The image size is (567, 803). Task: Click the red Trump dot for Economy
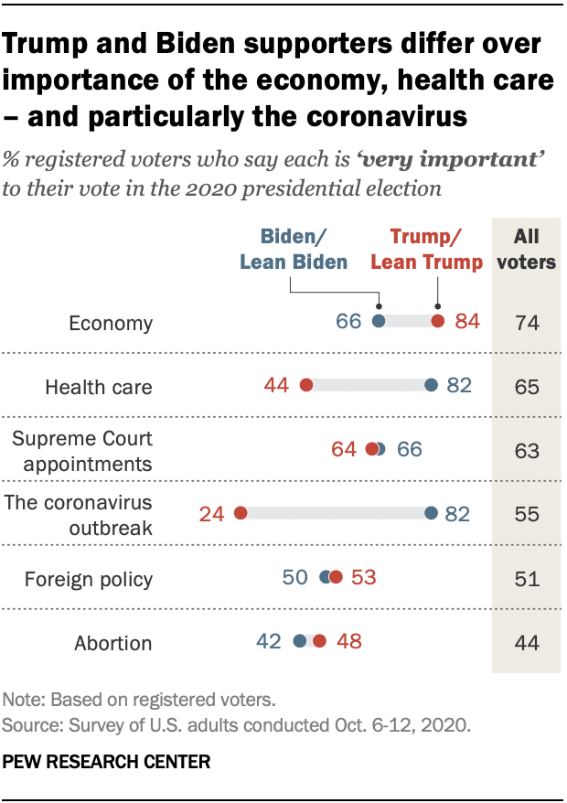438,321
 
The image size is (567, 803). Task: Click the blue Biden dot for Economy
379,321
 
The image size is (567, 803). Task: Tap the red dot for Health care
305,385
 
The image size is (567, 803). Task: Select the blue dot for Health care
432,385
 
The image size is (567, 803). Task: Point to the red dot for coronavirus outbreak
241,513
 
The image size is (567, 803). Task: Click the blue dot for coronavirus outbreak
432,513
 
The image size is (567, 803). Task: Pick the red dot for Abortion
318,641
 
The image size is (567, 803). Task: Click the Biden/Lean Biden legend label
294,250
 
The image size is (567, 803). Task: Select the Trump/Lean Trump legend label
426,250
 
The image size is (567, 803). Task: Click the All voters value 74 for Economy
526,322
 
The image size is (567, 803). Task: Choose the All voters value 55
526,514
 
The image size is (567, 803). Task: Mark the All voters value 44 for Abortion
526,642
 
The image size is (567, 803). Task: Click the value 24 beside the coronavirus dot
212,514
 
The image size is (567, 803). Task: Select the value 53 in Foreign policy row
363,578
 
